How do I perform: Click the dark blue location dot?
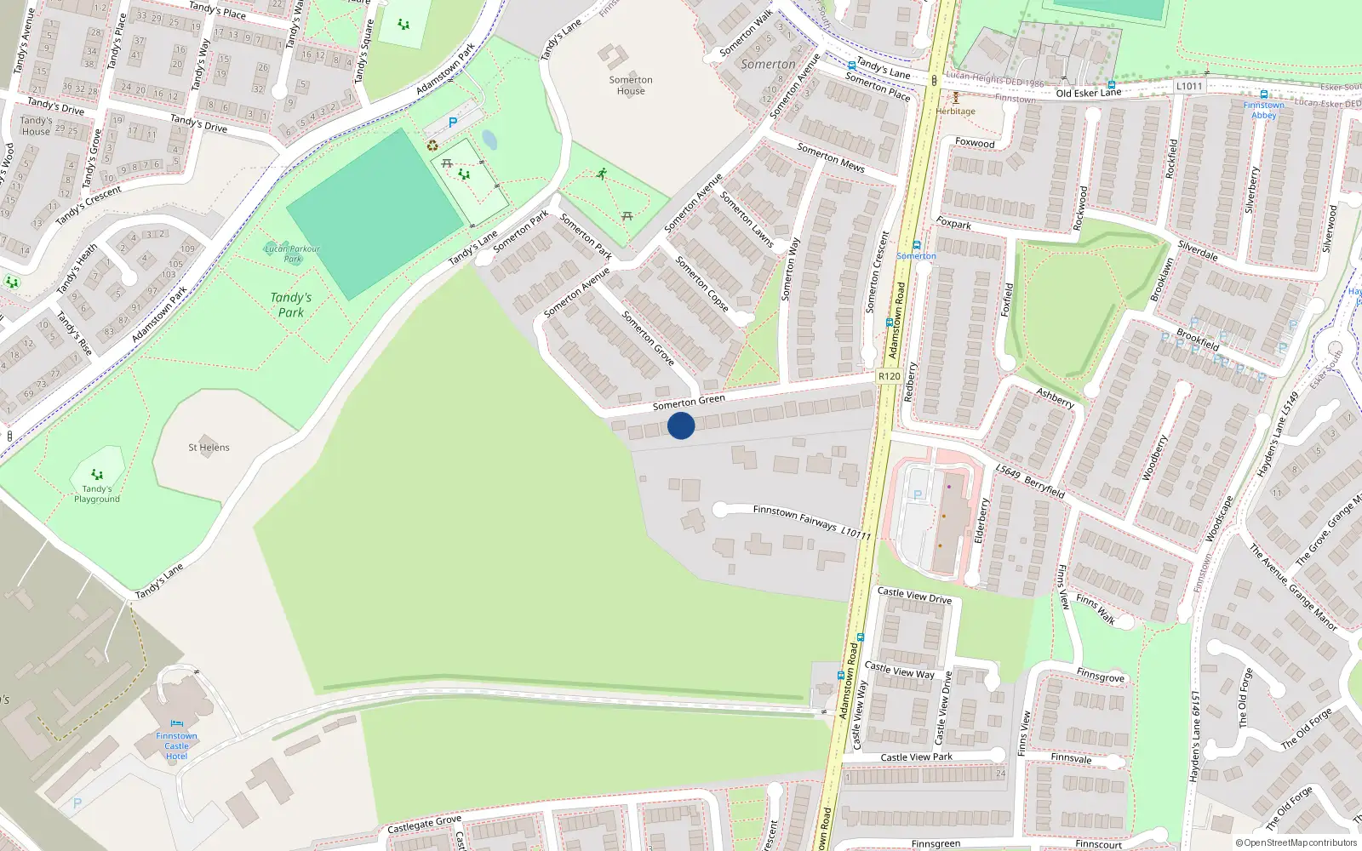click(x=681, y=425)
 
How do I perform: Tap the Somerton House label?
click(x=631, y=85)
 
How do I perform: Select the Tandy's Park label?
click(x=291, y=305)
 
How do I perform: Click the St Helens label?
click(x=209, y=448)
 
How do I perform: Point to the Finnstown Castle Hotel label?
click(x=176, y=746)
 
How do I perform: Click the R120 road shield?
click(x=889, y=376)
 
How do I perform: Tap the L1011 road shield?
click(x=1189, y=86)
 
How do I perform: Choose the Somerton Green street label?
click(x=689, y=402)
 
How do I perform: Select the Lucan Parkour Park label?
click(x=292, y=254)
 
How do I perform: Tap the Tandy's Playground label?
click(x=97, y=494)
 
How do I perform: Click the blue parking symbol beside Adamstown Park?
click(x=453, y=123)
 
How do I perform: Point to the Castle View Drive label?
click(x=914, y=595)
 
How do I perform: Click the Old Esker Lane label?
click(x=1089, y=93)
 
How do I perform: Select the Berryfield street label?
click(x=1044, y=486)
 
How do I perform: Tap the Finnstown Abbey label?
click(x=1263, y=111)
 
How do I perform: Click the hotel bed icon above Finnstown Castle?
click(x=177, y=724)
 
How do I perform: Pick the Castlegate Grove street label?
click(x=424, y=824)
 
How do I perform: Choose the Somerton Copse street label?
click(x=702, y=283)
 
